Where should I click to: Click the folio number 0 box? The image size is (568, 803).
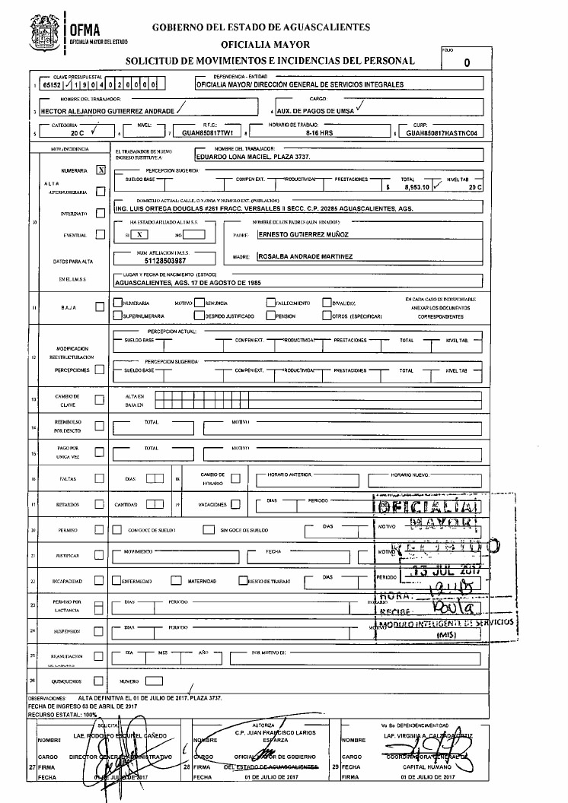[465, 62]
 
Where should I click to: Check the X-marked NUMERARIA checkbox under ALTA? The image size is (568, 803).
[101, 170]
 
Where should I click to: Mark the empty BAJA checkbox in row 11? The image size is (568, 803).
[100, 307]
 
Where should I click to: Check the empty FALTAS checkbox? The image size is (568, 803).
[99, 479]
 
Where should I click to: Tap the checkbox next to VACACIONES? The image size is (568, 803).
[235, 503]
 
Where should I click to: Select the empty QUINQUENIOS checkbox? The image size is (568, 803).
[99, 681]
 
